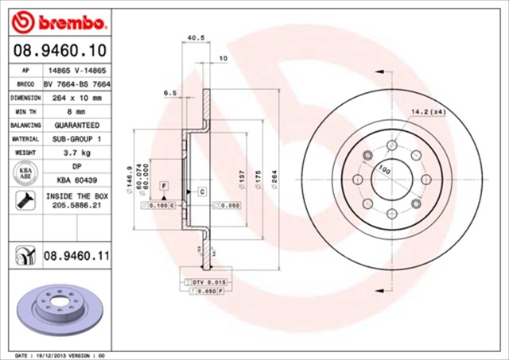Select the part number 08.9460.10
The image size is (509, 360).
tap(59, 51)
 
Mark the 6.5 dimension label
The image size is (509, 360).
tap(169, 92)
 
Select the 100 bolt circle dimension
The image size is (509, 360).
tap(385, 168)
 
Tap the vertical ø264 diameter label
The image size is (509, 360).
tap(274, 183)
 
